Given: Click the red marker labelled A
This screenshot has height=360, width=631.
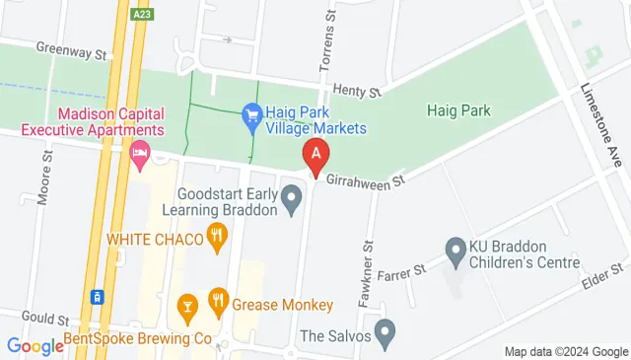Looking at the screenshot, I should click(315, 155).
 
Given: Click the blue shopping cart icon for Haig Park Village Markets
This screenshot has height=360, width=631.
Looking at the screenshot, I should click(251, 112).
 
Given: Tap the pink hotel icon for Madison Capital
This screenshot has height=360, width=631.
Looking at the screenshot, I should click(140, 152).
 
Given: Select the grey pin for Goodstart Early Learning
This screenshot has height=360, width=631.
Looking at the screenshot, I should click(291, 203).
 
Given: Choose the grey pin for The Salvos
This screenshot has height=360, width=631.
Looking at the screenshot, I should click(386, 329).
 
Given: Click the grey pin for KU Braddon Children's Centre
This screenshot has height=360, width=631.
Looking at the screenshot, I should click(455, 250).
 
